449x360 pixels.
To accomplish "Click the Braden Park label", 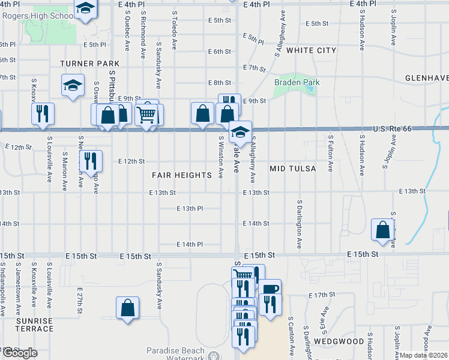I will (x=297, y=82).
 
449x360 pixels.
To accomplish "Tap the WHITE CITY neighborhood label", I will (x=311, y=50).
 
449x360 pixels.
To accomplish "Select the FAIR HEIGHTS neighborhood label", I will (x=181, y=175).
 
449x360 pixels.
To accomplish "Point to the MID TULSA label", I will (x=292, y=169).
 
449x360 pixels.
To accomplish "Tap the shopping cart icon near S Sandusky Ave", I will (x=147, y=114).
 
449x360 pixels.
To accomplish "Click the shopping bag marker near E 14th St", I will (x=382, y=230).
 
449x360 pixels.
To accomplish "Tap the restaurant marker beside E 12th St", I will (x=91, y=160).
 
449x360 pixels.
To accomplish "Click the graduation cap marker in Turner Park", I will (x=73, y=85).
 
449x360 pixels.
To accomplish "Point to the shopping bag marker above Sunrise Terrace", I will (x=127, y=308).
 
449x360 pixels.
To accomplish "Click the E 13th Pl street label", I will (x=190, y=208).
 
